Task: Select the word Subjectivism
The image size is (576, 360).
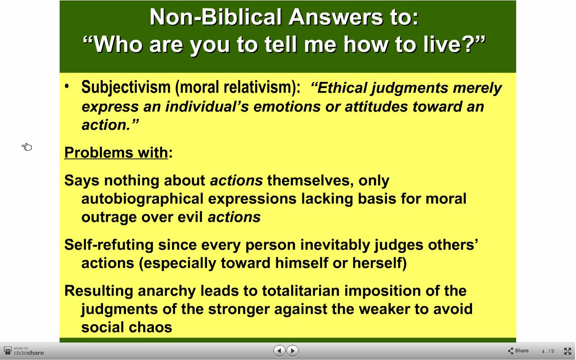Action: point(126,87)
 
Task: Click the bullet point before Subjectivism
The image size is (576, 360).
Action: point(67,86)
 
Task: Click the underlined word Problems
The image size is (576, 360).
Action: point(99,153)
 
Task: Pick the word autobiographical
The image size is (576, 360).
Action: point(143,199)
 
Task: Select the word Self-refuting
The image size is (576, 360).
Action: point(109,244)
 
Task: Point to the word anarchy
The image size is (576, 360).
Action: point(166,291)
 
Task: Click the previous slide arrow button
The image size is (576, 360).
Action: point(279,351)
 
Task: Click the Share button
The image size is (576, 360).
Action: point(518,351)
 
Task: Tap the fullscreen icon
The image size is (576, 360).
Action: point(567,351)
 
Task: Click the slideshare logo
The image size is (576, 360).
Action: point(24,351)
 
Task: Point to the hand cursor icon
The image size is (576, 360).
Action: point(27,147)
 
